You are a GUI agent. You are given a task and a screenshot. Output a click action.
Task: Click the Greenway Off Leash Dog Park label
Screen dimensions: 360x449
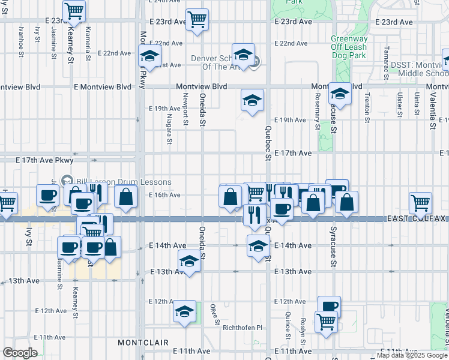(348, 47)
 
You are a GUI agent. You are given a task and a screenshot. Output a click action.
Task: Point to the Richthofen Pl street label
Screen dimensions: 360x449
(243, 328)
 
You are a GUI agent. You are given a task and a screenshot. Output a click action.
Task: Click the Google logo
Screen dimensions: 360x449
(20, 353)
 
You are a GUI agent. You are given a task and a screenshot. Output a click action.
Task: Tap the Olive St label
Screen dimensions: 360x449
(213, 314)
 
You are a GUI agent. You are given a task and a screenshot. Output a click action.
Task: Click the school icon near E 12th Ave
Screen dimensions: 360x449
(185, 311)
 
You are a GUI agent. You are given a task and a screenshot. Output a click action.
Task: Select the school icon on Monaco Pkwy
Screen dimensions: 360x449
(149, 56)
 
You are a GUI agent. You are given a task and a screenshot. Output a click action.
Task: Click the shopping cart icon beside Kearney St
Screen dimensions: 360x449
(74, 10)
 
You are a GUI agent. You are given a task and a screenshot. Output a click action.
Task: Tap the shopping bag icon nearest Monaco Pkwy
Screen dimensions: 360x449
(125, 196)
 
